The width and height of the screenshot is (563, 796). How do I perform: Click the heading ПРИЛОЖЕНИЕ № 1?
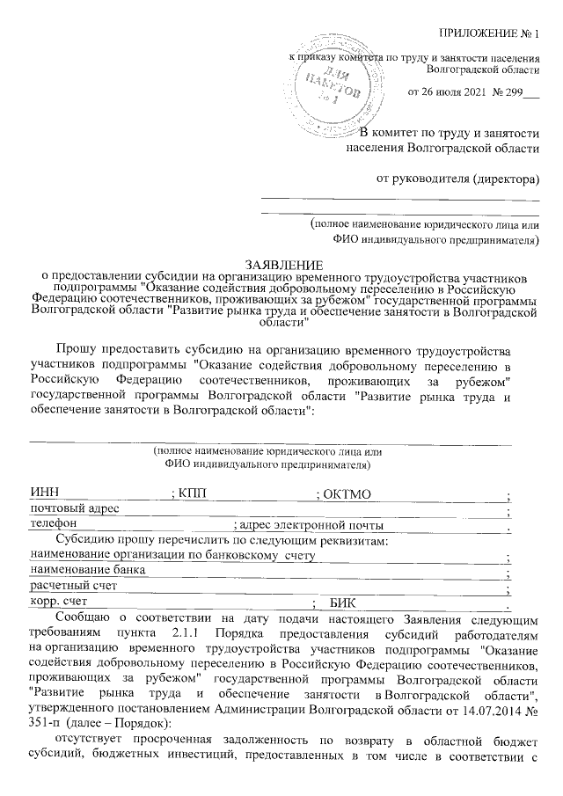click(x=491, y=34)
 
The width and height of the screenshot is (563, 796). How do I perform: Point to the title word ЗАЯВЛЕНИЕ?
click(x=283, y=264)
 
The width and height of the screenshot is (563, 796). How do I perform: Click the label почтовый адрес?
click(x=74, y=509)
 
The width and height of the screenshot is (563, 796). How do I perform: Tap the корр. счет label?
click(x=61, y=602)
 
